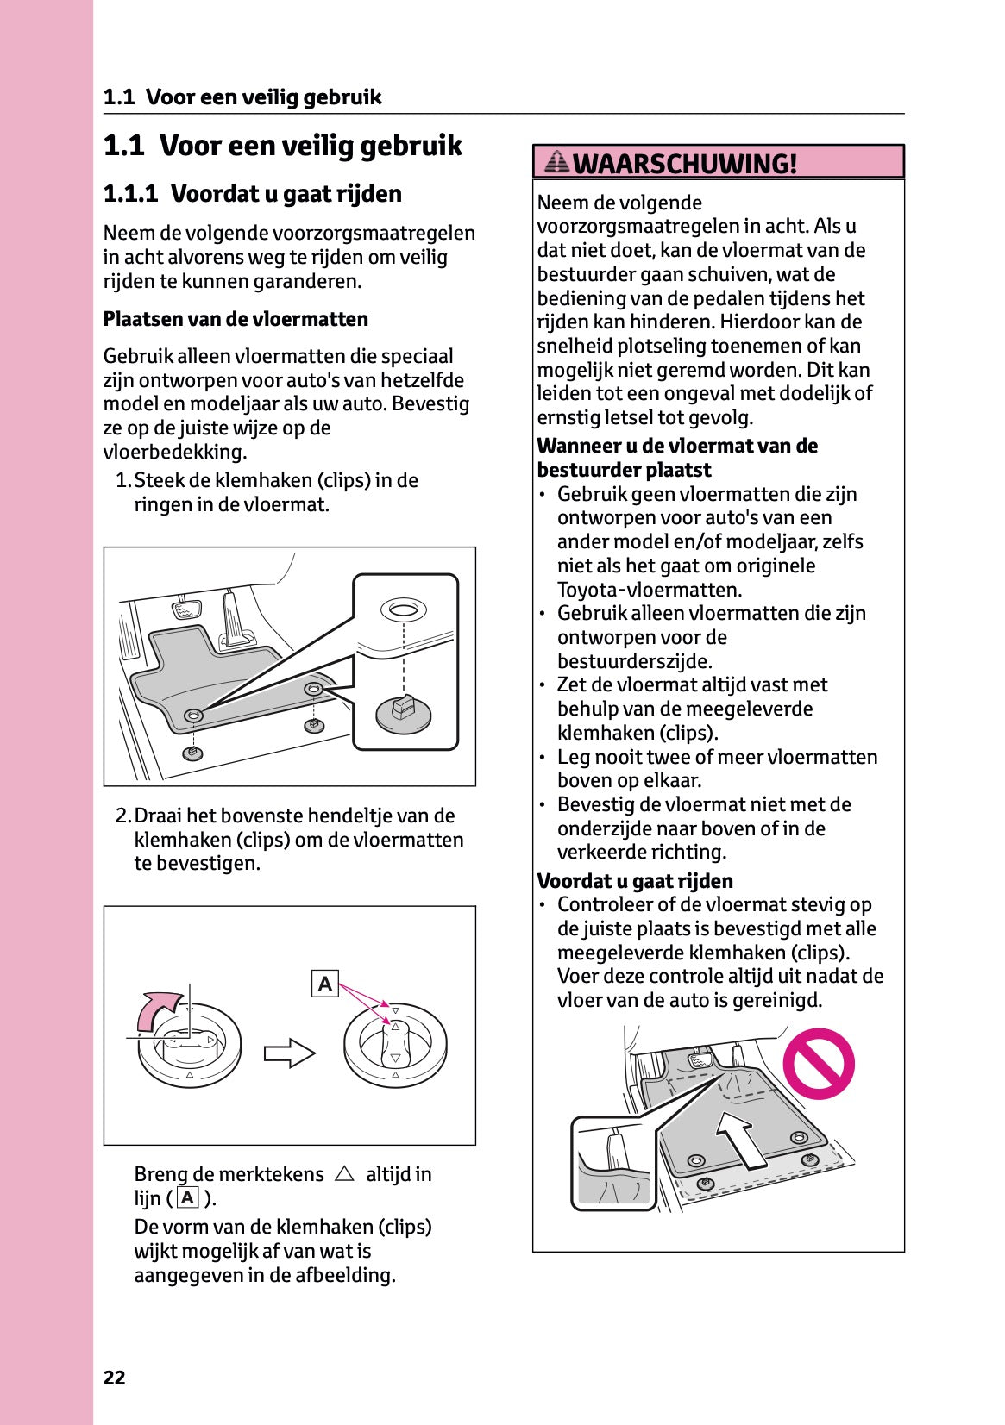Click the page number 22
tap(114, 1378)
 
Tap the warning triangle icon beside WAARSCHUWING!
tap(558, 161)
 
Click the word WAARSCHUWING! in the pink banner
tap(684, 163)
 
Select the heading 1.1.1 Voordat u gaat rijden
tap(252, 193)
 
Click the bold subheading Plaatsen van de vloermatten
tap(236, 319)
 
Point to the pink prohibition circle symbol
tap(818, 1063)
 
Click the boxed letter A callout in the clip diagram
tap(324, 984)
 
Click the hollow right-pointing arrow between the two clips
tap(290, 1053)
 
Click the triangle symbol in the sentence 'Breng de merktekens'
tap(344, 1174)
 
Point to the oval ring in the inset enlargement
tap(403, 610)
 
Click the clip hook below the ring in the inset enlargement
tap(403, 711)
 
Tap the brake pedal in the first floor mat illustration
tap(185, 609)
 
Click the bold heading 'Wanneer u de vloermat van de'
tap(677, 446)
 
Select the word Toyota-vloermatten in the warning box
tap(649, 590)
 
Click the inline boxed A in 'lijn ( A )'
tap(188, 1197)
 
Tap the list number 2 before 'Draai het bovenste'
tap(122, 816)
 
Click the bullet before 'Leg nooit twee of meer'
tap(543, 758)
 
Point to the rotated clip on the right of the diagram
tap(395, 1043)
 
